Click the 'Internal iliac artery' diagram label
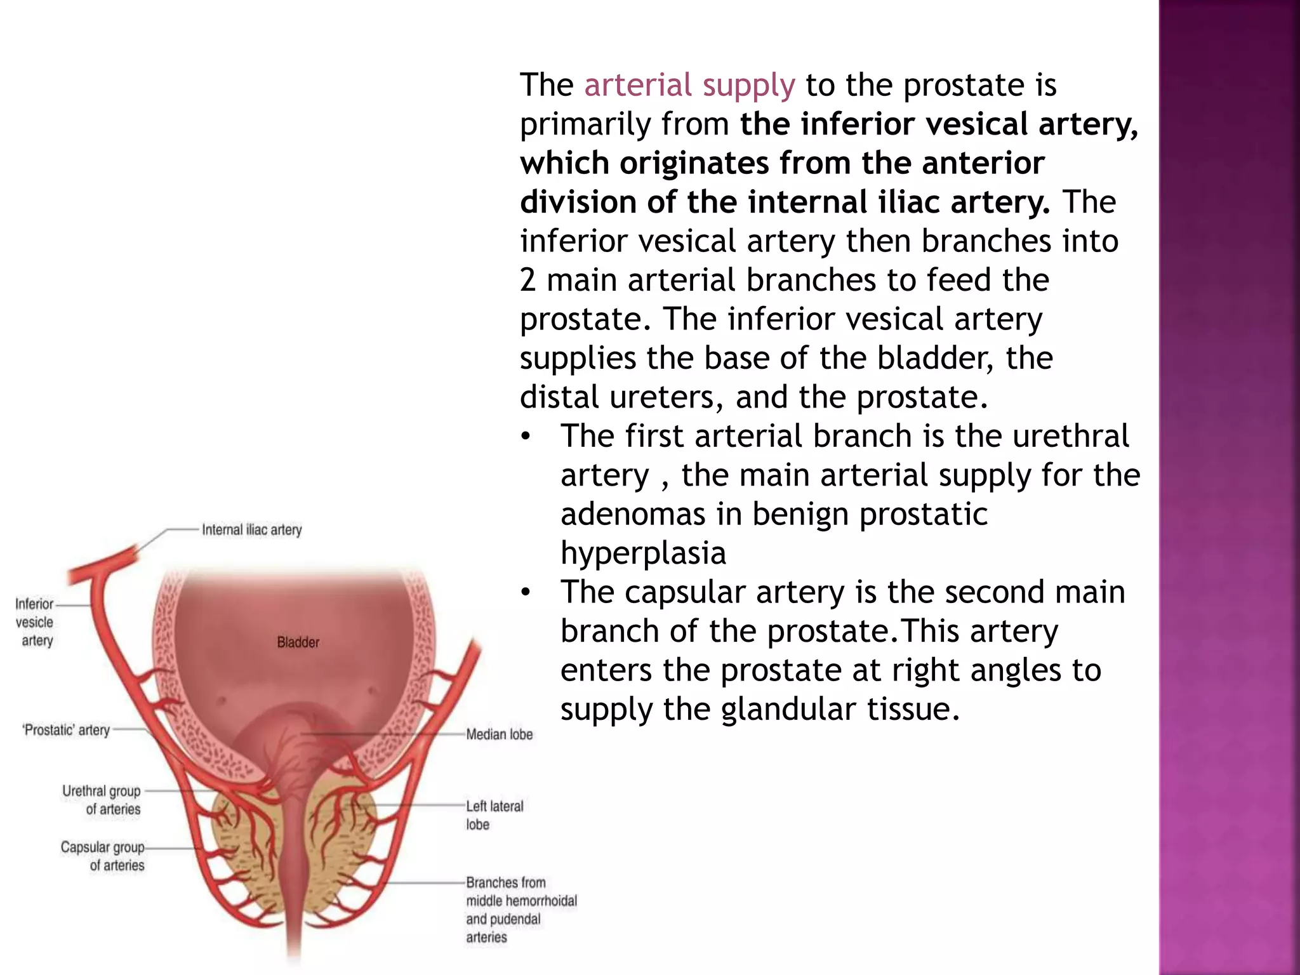pos(251,530)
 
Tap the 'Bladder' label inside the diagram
pos(298,642)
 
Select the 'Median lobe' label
pos(499,734)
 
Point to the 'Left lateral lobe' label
pos(494,814)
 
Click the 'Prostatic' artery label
pos(66,730)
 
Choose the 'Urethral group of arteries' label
pos(102,800)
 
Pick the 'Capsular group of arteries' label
pos(103,856)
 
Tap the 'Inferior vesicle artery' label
pos(35,622)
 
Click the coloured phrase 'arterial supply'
pos(689,86)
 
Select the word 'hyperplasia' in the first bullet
pos(643,553)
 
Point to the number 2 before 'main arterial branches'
pos(527,280)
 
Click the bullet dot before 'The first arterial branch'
pos(525,437)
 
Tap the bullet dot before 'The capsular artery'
pos(525,593)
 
